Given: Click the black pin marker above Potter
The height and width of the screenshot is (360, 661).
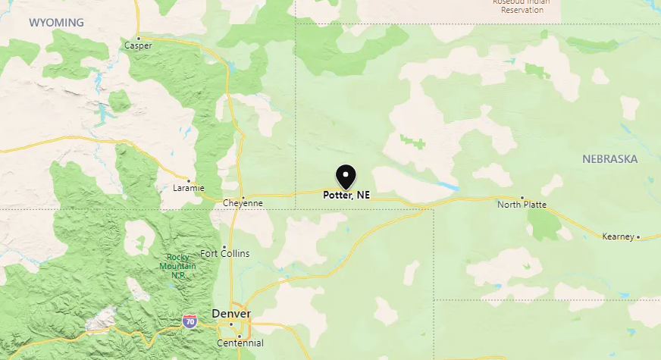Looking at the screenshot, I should click(x=346, y=176).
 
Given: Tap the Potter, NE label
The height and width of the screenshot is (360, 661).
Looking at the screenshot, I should click(x=346, y=195).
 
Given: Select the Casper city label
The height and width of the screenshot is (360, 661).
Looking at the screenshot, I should click(x=138, y=45).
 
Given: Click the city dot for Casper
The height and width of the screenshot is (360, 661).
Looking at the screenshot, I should click(x=139, y=37).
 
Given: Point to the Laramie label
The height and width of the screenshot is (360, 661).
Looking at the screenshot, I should click(x=189, y=188).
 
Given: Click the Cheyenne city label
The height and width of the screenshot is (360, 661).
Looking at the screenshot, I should click(x=243, y=203).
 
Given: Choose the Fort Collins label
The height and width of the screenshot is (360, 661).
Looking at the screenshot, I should click(x=224, y=253).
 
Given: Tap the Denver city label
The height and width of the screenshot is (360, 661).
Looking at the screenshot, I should click(x=231, y=313).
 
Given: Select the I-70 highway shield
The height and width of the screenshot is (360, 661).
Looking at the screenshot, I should click(x=190, y=321).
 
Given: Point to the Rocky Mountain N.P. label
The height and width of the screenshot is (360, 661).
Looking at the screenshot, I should click(x=177, y=265).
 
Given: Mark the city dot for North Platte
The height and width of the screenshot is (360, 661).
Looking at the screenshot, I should click(x=522, y=197).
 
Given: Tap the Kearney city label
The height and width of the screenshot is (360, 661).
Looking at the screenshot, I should click(x=617, y=236).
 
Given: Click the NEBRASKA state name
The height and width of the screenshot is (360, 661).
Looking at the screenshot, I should click(x=610, y=158).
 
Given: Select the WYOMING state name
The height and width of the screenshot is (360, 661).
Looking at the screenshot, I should click(x=57, y=22).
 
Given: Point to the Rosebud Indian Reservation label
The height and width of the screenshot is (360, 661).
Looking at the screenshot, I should click(x=518, y=6).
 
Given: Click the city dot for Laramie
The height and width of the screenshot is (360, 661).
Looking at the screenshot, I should click(x=188, y=180).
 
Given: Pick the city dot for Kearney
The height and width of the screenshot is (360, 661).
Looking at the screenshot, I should click(x=638, y=237).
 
